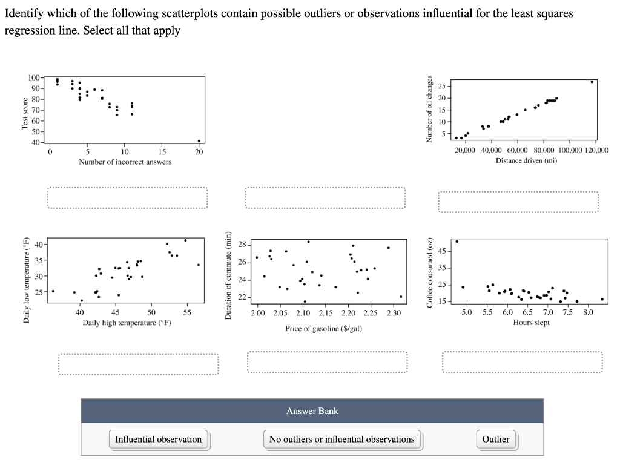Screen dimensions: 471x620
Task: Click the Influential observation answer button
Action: pyautogui.click(x=159, y=440)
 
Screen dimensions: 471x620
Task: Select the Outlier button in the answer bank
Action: pyautogui.click(x=495, y=440)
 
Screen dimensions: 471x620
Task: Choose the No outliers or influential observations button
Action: pyautogui.click(x=342, y=440)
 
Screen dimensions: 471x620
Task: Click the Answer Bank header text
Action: pyautogui.click(x=312, y=411)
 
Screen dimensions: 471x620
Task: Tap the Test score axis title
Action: pyautogui.click(x=25, y=113)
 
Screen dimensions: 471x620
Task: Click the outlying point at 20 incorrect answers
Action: pyautogui.click(x=199, y=141)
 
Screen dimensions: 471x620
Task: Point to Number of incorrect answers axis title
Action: pyautogui.click(x=125, y=162)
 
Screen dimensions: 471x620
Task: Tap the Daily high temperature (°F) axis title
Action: pyautogui.click(x=127, y=323)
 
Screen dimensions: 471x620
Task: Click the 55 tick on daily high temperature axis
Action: pyautogui.click(x=187, y=313)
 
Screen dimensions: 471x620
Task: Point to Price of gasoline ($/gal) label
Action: pyautogui.click(x=324, y=328)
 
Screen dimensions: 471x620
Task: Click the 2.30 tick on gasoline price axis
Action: pyautogui.click(x=394, y=314)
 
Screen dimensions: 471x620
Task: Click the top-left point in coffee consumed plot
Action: pyautogui.click(x=457, y=242)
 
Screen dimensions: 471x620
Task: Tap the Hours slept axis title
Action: pyautogui.click(x=531, y=323)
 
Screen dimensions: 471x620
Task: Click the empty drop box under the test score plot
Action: pyautogui.click(x=128, y=198)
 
